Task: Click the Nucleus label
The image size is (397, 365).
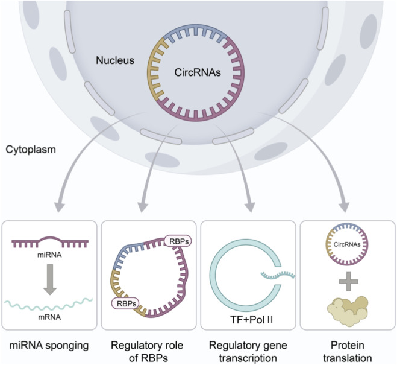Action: click(x=115, y=60)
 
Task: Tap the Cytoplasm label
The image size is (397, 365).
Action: click(x=31, y=150)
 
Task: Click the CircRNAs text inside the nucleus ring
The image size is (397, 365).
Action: click(x=198, y=72)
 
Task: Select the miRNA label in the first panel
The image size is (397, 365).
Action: click(x=49, y=255)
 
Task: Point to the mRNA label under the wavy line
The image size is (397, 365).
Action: click(x=49, y=317)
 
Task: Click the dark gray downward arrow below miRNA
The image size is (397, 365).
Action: click(x=50, y=279)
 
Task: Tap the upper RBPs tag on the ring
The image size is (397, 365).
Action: click(x=178, y=241)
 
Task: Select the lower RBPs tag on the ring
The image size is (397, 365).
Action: click(x=125, y=303)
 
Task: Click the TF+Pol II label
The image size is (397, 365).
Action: click(x=251, y=320)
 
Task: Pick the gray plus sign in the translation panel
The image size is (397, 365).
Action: click(x=348, y=281)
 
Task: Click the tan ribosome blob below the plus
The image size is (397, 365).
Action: click(x=348, y=311)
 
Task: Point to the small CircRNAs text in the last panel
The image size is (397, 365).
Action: click(x=347, y=244)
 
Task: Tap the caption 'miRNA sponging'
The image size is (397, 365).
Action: click(x=49, y=345)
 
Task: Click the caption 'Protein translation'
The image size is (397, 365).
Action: click(x=348, y=352)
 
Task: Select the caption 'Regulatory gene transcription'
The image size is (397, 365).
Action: click(x=248, y=352)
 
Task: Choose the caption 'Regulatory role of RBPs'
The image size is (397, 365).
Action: click(x=147, y=352)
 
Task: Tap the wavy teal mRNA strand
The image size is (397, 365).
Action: click(x=48, y=304)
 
